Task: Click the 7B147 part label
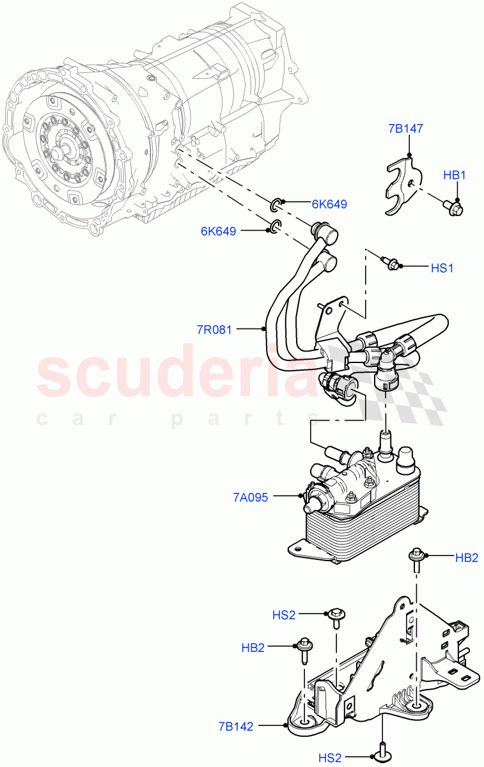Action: (x=405, y=128)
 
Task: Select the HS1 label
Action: (x=441, y=268)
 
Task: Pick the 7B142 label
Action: (x=236, y=727)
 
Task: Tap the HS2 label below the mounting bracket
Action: (x=330, y=758)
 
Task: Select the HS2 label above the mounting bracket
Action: (x=284, y=615)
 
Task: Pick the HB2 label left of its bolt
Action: (x=253, y=648)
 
